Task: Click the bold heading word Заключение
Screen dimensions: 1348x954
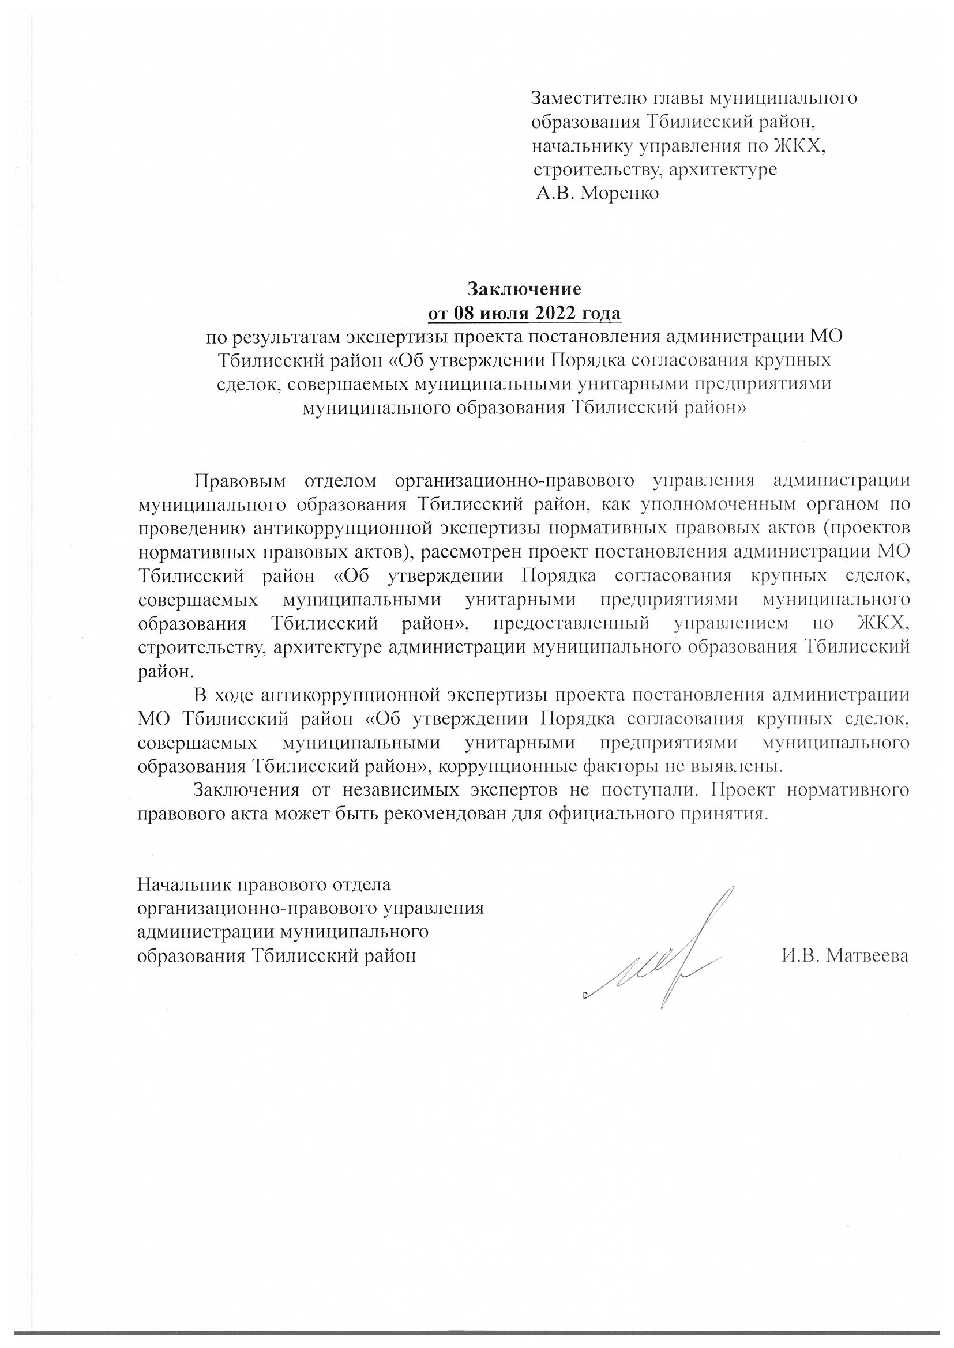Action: (524, 289)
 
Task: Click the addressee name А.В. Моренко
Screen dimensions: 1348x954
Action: (598, 193)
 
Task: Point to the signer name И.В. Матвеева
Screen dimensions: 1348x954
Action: (845, 956)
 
